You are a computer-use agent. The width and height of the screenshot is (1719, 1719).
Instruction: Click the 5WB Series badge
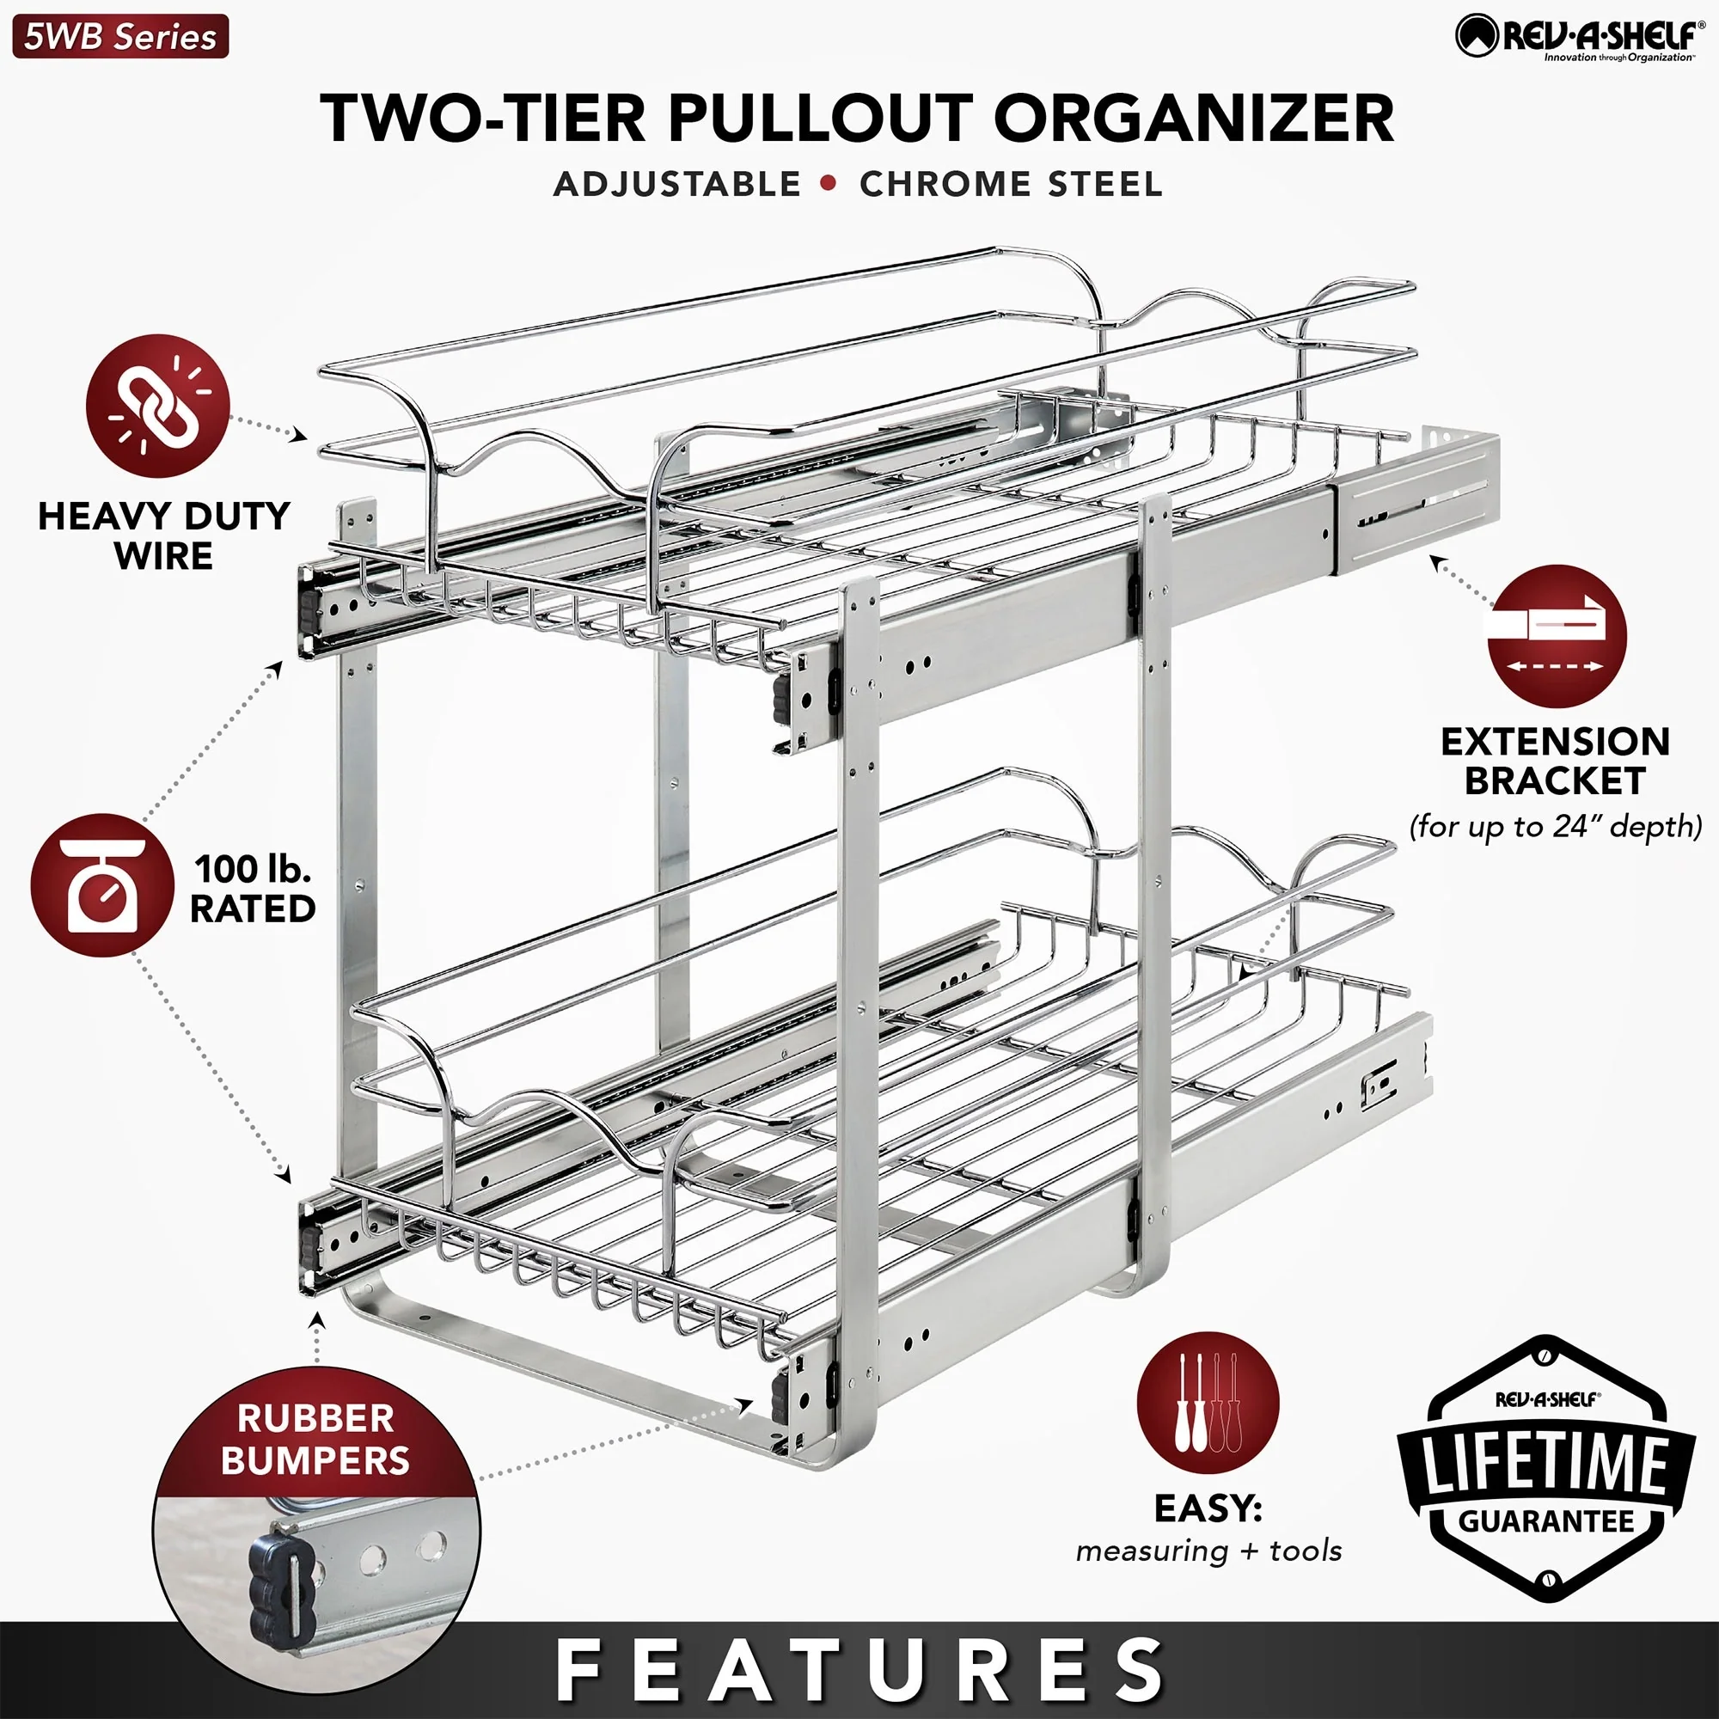pos(120,37)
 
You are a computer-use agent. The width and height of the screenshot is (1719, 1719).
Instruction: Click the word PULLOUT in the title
pos(817,119)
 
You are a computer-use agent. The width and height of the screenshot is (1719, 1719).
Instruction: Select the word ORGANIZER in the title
pos(1193,119)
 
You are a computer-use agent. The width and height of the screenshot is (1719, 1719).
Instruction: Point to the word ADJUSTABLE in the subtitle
pos(677,184)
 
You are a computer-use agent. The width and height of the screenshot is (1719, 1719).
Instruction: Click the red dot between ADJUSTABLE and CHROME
pos(829,183)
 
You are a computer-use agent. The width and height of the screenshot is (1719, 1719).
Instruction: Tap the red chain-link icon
pos(157,406)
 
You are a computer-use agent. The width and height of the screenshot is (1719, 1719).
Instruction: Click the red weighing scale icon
pos(102,885)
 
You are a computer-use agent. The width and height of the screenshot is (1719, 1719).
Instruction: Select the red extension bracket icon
pos(1557,635)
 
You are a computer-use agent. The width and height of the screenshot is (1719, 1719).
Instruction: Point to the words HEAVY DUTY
pos(163,516)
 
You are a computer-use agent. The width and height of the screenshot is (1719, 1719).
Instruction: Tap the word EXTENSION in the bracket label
pos(1556,741)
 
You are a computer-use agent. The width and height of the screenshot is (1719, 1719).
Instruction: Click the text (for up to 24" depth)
pos(1556,827)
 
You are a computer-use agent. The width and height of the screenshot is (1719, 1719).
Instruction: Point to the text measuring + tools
pos(1208,1551)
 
